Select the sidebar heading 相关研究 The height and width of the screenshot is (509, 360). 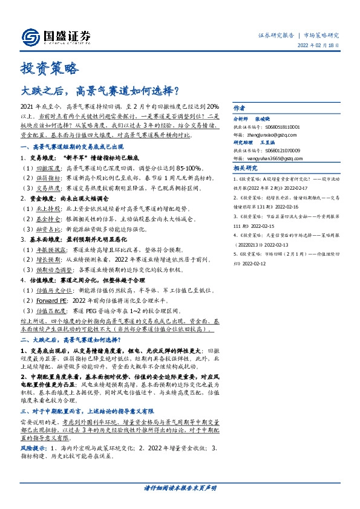pyautogui.click(x=245, y=169)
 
